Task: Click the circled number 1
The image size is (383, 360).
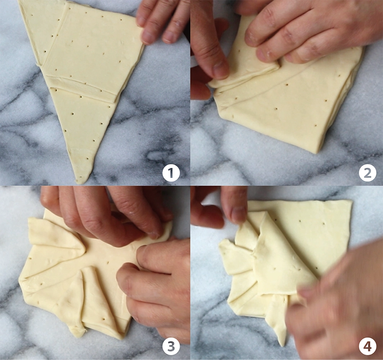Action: pyautogui.click(x=171, y=173)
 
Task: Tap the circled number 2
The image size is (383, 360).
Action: pyautogui.click(x=368, y=173)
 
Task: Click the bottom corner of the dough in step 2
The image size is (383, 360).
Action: pyautogui.click(x=317, y=153)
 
